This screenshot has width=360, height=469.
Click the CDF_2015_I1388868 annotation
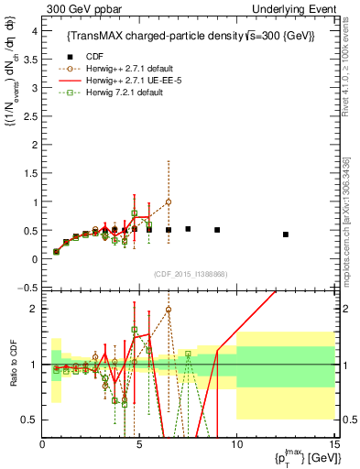point(191,274)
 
